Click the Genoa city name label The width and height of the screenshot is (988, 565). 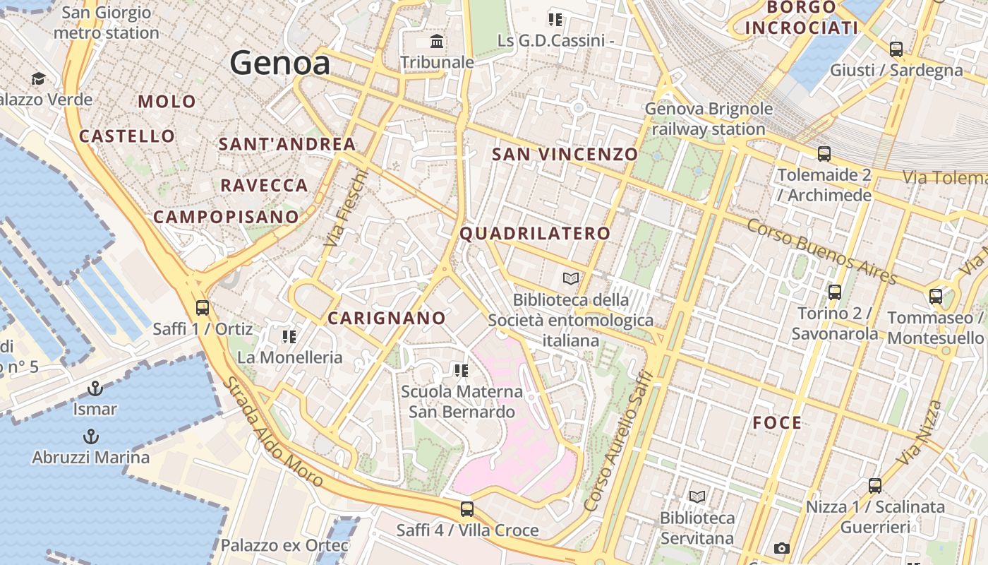[280, 64]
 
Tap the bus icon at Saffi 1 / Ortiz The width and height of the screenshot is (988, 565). [203, 308]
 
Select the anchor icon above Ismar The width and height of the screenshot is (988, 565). [95, 388]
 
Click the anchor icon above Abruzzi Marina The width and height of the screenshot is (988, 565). [90, 436]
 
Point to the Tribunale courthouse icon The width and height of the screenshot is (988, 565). [437, 42]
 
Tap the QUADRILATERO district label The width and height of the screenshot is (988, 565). [535, 234]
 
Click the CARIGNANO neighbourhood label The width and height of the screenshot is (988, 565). [387, 319]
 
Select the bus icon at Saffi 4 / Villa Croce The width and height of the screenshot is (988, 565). [466, 509]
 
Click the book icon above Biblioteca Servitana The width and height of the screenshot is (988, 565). [697, 496]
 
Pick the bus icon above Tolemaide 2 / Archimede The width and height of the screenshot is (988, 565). [824, 153]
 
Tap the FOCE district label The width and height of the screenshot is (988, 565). [777, 423]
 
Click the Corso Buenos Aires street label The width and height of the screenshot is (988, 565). [821, 251]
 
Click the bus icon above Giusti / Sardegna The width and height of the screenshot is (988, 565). [896, 49]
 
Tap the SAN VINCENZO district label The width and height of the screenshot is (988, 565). [565, 154]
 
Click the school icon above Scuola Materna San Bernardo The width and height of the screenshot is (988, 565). [462, 371]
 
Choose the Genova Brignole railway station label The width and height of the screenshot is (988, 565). [709, 119]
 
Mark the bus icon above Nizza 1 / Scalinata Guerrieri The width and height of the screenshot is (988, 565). [875, 486]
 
